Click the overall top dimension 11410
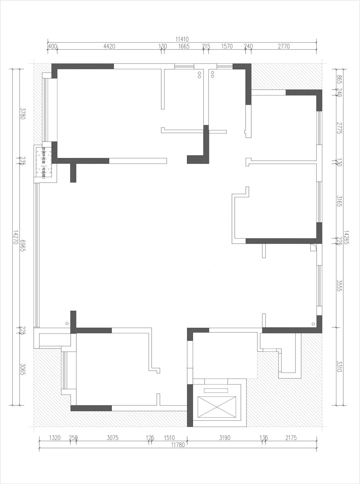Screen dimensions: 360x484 (182, 39)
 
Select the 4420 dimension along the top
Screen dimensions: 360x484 (109, 46)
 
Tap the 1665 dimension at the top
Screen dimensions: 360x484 (183, 46)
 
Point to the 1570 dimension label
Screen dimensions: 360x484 (227, 46)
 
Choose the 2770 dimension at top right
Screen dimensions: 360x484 (284, 46)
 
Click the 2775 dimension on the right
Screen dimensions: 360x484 (339, 128)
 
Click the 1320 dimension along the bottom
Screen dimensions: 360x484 (55, 438)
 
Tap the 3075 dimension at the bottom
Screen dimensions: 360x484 (112, 438)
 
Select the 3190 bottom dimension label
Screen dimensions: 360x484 (225, 438)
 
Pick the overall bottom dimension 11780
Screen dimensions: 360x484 (178, 445)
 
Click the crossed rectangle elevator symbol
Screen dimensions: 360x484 (217, 407)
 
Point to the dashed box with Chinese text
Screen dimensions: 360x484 (44, 163)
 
